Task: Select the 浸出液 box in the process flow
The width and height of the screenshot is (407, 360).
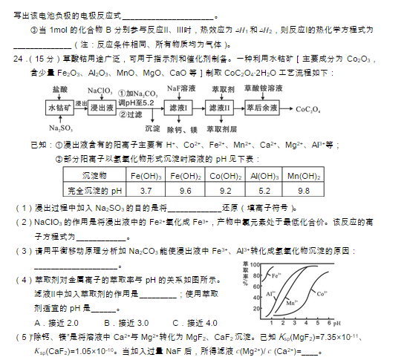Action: (103, 108)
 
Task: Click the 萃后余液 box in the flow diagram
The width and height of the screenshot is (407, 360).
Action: (261, 108)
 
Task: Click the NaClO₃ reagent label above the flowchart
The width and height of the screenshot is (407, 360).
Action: (99, 90)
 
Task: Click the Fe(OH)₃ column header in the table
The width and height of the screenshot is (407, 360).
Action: (146, 176)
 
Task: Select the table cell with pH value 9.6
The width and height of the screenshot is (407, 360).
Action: (185, 191)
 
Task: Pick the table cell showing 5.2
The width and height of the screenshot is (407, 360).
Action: (264, 191)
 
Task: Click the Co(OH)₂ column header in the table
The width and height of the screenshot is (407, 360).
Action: (224, 176)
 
